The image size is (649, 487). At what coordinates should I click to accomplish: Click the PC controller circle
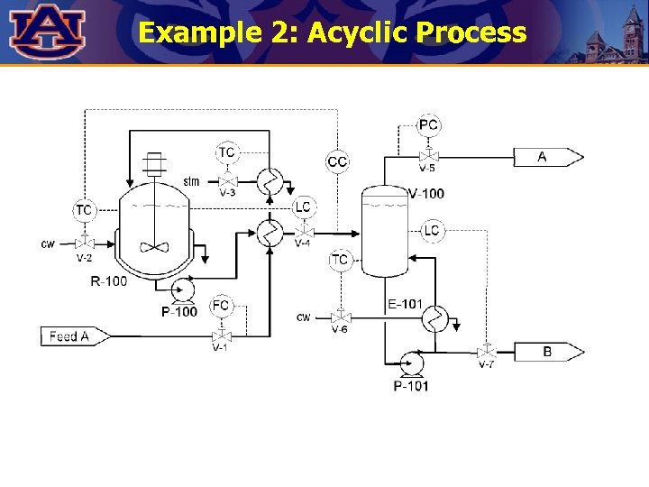point(429,124)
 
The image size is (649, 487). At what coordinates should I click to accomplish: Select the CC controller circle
point(337,161)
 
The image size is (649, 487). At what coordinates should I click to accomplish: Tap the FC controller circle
point(222,307)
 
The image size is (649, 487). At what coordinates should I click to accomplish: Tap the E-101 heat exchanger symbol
point(436,318)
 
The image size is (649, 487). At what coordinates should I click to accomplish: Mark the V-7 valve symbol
point(487,350)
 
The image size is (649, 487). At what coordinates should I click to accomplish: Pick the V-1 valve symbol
point(221,335)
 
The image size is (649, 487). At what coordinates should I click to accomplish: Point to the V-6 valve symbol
point(340,317)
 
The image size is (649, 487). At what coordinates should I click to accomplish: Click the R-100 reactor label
point(109,281)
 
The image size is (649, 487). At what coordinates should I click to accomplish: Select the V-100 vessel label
point(426,194)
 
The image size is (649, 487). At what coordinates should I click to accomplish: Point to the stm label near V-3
point(191,181)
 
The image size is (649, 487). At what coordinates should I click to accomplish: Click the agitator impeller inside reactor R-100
point(155,245)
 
